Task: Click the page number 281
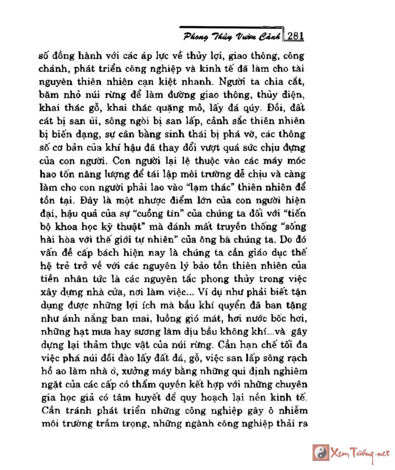(295, 36)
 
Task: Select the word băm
(49, 94)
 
